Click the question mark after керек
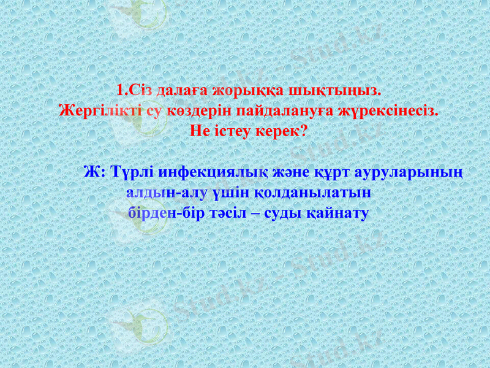coord(304,131)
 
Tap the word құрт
coord(334,172)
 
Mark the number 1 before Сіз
coord(120,90)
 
